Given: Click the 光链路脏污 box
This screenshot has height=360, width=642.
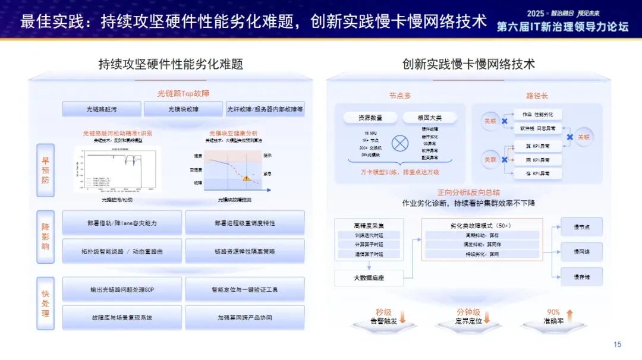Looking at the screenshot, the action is coord(102,109).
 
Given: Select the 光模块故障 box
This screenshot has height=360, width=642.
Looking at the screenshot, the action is coord(183,109).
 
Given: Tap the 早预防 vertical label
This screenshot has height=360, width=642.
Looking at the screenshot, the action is coord(46,170).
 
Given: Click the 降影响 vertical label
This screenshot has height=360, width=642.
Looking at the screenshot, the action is coord(46,237).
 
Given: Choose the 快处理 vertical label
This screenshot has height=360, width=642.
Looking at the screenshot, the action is coord(46,303).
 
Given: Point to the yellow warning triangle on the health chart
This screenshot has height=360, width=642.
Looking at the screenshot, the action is coord(246,178).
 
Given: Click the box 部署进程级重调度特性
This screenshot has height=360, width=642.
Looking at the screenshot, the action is coord(244,223).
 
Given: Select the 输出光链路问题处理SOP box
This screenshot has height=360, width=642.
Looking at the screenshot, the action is coord(122,289).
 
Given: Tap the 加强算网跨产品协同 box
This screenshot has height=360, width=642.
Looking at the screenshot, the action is coord(244,318).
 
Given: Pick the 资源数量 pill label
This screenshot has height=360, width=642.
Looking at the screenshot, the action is coord(370,118).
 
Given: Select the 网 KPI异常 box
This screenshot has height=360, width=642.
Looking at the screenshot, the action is coord(536,160).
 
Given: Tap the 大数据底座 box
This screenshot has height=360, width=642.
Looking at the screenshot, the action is coord(369,277).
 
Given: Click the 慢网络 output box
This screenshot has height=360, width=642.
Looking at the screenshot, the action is coord(581,252).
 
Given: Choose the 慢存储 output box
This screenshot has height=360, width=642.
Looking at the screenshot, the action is coord(581,277).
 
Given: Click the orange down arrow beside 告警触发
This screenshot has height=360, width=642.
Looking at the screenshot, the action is coord(402,317).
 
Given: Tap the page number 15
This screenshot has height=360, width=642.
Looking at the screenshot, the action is coord(616,345).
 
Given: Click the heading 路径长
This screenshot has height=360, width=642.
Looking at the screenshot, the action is coord(537,95).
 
